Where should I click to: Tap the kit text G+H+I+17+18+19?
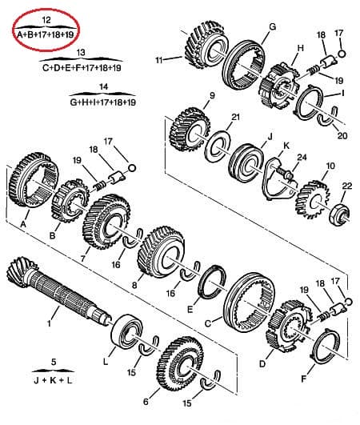(x=103, y=103)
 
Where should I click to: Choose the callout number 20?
(x=342, y=137)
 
